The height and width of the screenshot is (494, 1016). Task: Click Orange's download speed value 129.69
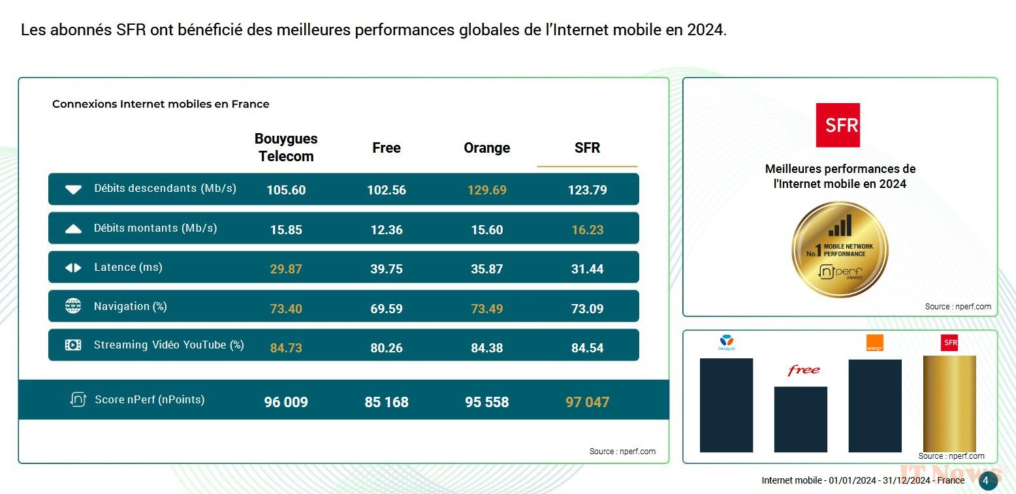pos(486,190)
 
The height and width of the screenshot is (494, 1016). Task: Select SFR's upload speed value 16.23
pos(587,230)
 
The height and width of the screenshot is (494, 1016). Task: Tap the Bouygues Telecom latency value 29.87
pos(286,269)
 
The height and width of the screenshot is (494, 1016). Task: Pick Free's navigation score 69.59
pos(387,309)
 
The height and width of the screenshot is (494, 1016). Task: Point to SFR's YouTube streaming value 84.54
pos(587,348)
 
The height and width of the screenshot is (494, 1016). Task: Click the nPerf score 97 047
pos(587,402)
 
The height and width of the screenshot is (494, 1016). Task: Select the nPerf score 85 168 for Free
pos(387,402)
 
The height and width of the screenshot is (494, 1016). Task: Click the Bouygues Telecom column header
pos(286,147)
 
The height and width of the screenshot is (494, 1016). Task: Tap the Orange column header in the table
pos(486,148)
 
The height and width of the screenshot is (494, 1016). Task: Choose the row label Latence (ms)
pos(128,267)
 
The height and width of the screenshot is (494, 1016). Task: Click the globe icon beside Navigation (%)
pos(73,306)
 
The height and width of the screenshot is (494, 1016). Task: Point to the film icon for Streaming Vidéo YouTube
pos(73,345)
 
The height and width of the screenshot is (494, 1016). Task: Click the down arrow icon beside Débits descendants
pos(73,189)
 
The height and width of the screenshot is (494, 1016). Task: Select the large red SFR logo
pos(838,125)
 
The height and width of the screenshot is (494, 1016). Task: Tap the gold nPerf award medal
pos(840,249)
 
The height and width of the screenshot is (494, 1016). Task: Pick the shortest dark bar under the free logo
pos(801,419)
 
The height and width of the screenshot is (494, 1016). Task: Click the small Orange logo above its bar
pos(874,343)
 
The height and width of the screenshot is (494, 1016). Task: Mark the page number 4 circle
pos(985,480)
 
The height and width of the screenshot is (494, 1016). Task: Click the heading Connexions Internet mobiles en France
pos(161,104)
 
